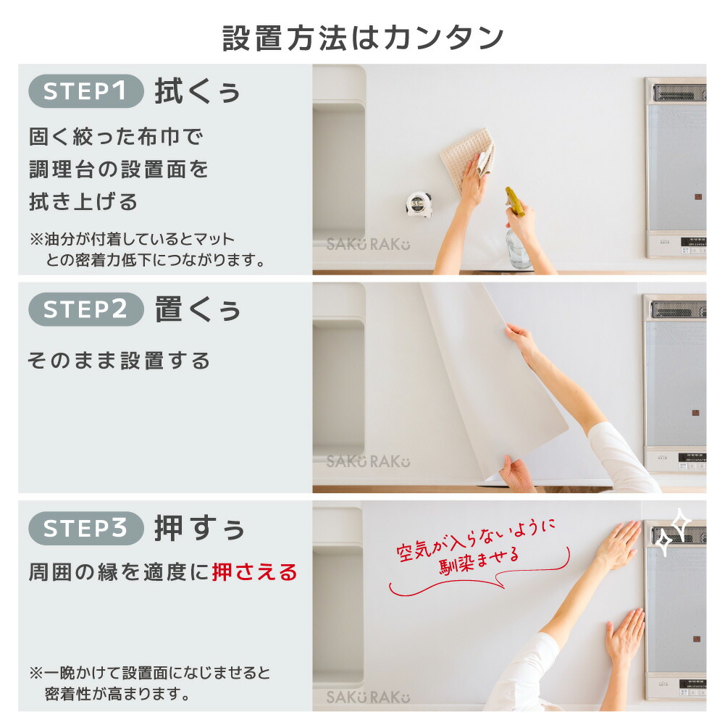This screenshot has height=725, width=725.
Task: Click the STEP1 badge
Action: click(86, 91)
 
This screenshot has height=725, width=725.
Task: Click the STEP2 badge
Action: click(86, 309)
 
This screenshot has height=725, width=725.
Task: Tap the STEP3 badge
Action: click(86, 528)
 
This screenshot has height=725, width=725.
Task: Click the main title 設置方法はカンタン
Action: click(363, 38)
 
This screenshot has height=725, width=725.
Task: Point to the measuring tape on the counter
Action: click(418, 204)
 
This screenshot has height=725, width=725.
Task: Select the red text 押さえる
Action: click(255, 572)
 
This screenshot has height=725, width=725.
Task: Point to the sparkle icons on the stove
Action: click(674, 531)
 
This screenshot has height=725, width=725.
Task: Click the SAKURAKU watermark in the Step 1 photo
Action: click(368, 244)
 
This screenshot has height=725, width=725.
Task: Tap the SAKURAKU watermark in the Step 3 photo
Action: click(368, 697)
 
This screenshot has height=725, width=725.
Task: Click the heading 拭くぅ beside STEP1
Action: click(198, 91)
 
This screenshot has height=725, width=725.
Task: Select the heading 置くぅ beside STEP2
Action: click(198, 309)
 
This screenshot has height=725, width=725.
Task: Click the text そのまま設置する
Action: click(119, 361)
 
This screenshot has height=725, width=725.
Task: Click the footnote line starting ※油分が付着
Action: click(133, 239)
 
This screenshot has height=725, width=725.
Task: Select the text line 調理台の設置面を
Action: click(119, 169)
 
